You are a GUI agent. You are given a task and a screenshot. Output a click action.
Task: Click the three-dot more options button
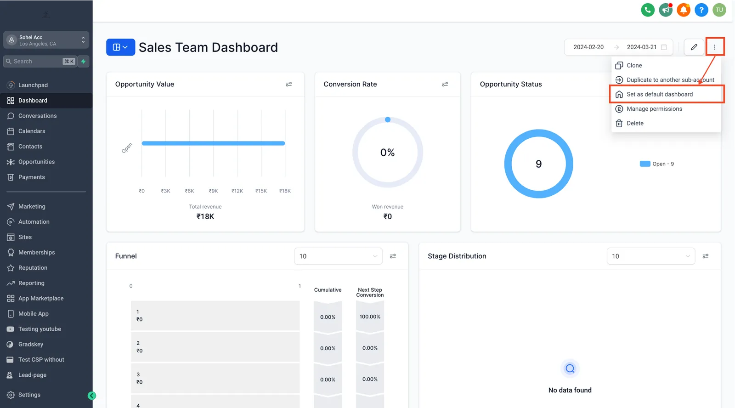click(714, 47)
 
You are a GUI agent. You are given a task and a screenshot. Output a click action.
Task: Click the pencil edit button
click(694, 47)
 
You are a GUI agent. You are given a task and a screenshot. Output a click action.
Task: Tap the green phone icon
click(648, 10)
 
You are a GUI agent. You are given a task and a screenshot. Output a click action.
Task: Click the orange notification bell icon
click(684, 10)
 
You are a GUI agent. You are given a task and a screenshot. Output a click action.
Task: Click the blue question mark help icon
click(701, 10)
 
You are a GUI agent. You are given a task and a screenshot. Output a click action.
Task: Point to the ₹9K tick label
click(213, 191)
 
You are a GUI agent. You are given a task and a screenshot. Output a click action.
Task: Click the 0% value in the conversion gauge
click(388, 152)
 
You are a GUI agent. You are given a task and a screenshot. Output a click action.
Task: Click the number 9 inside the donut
click(538, 164)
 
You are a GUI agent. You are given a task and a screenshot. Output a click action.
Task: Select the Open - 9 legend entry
click(657, 164)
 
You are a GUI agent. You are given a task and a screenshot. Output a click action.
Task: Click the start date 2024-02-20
click(588, 47)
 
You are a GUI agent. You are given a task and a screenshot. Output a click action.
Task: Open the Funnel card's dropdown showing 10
click(338, 256)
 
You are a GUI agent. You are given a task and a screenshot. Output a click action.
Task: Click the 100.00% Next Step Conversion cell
click(370, 317)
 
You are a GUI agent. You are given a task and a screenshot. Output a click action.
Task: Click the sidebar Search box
click(40, 62)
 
